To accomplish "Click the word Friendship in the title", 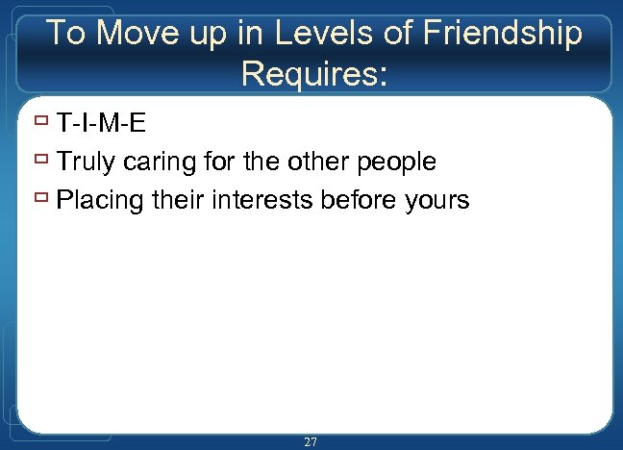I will coord(502,34).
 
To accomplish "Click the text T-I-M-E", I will coord(101,124).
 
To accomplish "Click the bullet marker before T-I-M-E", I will coord(41,123).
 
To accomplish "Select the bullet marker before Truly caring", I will coord(41,162).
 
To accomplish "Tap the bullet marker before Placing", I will coord(41,200).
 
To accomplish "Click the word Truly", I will coord(87,162).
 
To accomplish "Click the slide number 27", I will coord(311,441).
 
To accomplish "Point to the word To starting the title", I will coord(66,34).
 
